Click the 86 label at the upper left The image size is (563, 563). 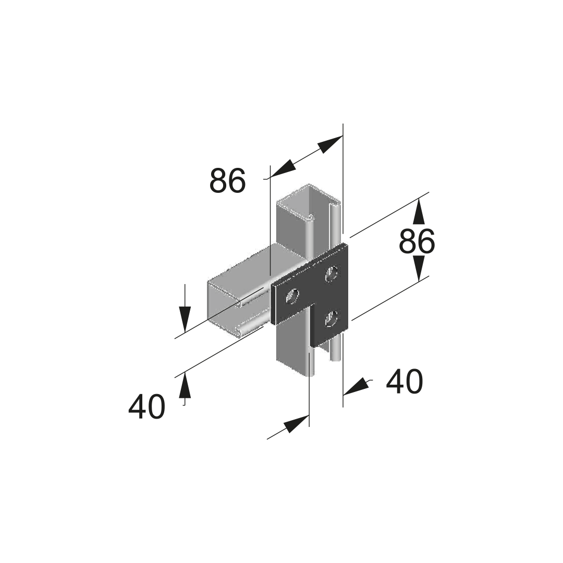point(228,180)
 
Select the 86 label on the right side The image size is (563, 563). point(417,242)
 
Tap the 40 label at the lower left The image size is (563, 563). point(146,407)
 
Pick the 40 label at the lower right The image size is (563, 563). point(405,381)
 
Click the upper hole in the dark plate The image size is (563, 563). point(332,274)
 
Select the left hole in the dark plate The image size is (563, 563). point(292,297)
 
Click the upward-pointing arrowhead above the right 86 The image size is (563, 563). point(419,212)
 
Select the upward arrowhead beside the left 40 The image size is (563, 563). point(185,385)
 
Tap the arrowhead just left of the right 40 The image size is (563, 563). point(356,387)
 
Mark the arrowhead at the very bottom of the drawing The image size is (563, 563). point(297,424)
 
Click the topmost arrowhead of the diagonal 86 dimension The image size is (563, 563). point(330,144)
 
